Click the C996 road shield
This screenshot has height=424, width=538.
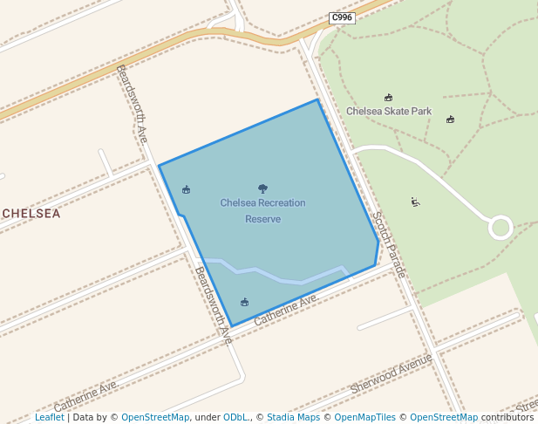pyautogui.click(x=342, y=17)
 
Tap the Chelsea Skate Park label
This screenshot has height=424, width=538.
pyautogui.click(x=389, y=111)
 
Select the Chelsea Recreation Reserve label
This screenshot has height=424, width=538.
pyautogui.click(x=262, y=210)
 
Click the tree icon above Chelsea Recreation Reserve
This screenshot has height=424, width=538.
pyautogui.click(x=262, y=188)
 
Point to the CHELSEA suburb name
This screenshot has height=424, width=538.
pyautogui.click(x=31, y=213)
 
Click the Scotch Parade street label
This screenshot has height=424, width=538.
pyautogui.click(x=389, y=245)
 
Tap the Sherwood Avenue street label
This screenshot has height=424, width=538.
pyautogui.click(x=391, y=373)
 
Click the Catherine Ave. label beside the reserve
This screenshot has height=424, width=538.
pyautogui.click(x=286, y=311)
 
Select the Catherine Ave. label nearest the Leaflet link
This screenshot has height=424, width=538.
pyautogui.click(x=85, y=397)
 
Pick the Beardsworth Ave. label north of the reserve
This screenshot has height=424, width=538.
pyautogui.click(x=132, y=104)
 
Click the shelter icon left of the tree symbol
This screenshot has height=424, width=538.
pyautogui.click(x=186, y=189)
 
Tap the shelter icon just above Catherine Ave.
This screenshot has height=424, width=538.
pyautogui.click(x=244, y=302)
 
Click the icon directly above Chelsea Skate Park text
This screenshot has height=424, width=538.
pyautogui.click(x=388, y=98)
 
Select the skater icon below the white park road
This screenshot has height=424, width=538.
pyautogui.click(x=415, y=202)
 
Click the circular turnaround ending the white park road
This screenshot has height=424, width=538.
pyautogui.click(x=501, y=228)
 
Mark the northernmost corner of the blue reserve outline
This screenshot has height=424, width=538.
pyautogui.click(x=317, y=99)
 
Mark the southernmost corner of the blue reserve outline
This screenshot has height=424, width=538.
pyautogui.click(x=232, y=326)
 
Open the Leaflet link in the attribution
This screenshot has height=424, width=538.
pyautogui.click(x=49, y=417)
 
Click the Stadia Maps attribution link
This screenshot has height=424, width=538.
pyautogui.click(x=293, y=417)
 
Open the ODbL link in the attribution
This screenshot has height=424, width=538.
pyautogui.click(x=235, y=417)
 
